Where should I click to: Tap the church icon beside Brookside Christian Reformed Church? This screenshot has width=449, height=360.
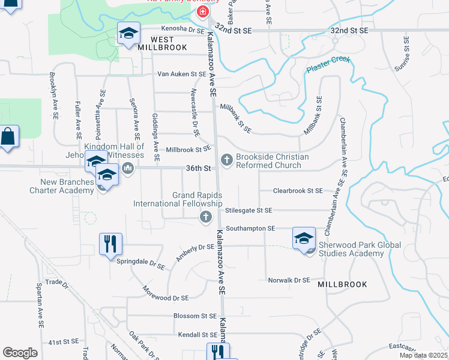(227, 160)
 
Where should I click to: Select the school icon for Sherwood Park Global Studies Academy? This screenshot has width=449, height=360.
(304, 238)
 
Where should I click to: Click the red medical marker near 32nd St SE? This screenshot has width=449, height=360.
(203, 11)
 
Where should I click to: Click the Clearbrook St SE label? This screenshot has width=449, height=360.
(298, 191)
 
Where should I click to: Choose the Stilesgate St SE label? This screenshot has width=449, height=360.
(249, 210)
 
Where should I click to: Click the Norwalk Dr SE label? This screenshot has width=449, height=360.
(289, 280)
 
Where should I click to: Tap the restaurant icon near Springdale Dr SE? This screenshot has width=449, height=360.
(110, 244)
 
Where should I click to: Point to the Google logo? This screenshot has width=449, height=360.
(20, 352)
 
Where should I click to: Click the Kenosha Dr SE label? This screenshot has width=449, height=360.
(182, 29)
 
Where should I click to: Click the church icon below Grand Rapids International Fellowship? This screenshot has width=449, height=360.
(206, 217)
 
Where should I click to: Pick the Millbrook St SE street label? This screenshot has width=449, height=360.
(188, 149)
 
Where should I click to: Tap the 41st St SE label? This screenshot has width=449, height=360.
(64, 341)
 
